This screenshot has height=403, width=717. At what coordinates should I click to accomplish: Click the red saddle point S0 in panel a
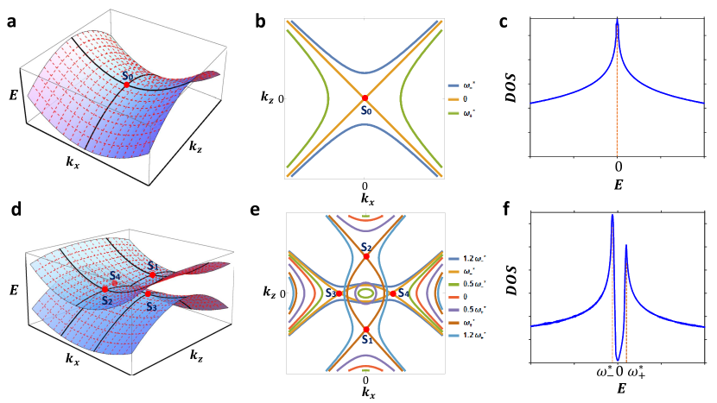(x=127, y=85)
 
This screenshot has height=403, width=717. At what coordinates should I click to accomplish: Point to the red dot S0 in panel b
(x=365, y=98)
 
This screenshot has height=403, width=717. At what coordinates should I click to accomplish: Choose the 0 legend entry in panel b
(x=468, y=100)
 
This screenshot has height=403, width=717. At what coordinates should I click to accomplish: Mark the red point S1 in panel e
(x=366, y=330)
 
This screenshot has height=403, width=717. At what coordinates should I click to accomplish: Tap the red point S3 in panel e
(x=339, y=293)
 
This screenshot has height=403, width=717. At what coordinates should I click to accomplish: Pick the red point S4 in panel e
(x=393, y=293)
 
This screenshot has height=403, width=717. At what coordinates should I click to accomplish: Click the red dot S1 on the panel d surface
(x=153, y=274)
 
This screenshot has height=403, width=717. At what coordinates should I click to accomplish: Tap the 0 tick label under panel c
(x=618, y=163)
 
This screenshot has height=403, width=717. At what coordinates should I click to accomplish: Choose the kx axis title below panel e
(x=366, y=394)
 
